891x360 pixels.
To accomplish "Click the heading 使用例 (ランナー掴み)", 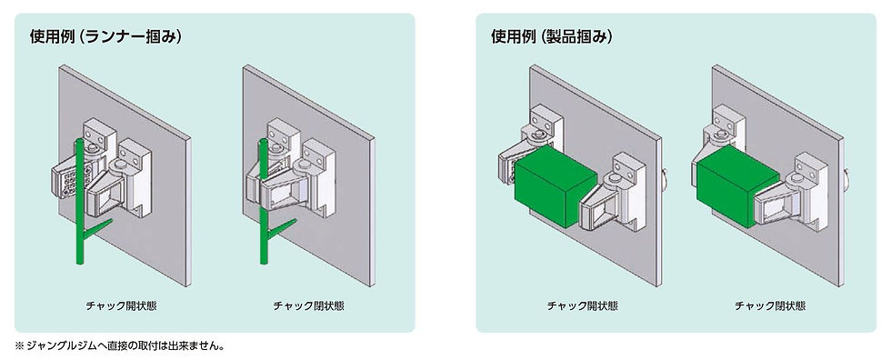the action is (105, 37).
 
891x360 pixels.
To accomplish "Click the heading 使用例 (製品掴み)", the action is (552, 37).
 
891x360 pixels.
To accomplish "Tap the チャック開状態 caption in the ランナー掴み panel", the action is (121, 306).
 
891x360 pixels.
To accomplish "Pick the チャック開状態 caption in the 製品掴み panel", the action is (583, 306).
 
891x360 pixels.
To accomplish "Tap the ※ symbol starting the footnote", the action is (19, 345).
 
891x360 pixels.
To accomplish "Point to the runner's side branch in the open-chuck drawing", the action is (98, 228).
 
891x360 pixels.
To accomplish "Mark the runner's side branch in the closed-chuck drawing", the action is (281, 228).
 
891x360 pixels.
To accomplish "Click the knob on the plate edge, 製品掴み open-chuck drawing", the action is (665, 178).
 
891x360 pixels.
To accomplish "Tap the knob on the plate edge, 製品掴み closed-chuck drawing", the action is (847, 178).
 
